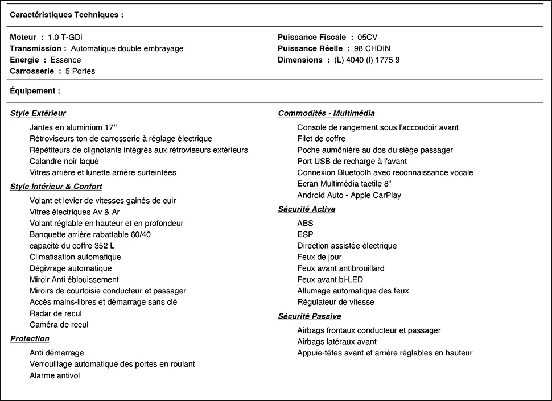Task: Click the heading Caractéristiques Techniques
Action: coord(67,15)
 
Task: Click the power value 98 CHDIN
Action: coord(372,48)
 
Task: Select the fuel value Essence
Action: coord(65,60)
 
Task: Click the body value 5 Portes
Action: coord(80,71)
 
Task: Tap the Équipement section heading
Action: coord(35,91)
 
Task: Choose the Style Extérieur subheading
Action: coord(38,113)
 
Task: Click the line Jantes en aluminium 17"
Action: coord(73,127)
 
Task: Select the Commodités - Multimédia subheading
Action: coord(326,113)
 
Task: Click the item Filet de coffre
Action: coord(321,139)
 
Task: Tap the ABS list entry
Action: coord(305,224)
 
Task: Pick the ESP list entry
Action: coord(305,235)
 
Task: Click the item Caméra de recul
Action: coord(59,325)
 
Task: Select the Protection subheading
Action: coord(30,339)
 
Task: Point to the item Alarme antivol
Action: coord(55,375)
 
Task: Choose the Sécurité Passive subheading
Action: coord(310,316)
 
